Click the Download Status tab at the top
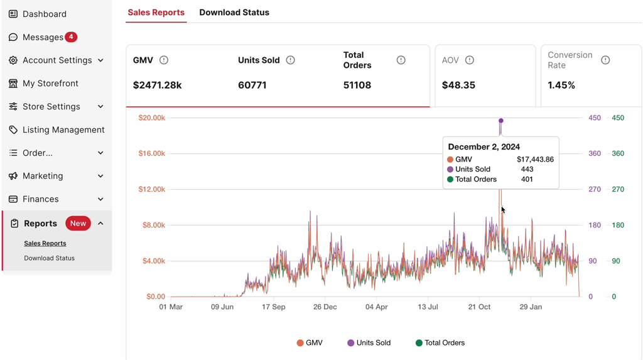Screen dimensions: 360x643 (x=234, y=13)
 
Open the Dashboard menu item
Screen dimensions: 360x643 (x=44, y=14)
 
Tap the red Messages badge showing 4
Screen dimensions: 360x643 (x=72, y=37)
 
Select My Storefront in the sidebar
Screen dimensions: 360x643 (x=50, y=84)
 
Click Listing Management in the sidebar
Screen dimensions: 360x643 (x=63, y=130)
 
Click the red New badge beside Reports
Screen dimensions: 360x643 (x=78, y=224)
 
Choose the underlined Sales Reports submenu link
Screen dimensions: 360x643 (x=45, y=243)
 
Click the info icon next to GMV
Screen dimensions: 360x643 (x=164, y=60)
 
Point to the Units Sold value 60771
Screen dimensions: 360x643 (x=252, y=85)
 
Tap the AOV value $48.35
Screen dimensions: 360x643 (x=458, y=85)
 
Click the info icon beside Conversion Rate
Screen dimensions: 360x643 (x=605, y=60)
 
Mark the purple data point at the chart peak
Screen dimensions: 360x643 (x=501, y=121)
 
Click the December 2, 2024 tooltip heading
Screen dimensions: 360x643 (x=484, y=147)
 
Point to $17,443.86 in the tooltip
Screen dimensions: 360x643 (x=535, y=160)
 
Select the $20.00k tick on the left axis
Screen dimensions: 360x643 (x=152, y=118)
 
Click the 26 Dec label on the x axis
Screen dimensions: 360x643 (x=325, y=307)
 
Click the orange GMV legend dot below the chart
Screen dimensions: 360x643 (x=300, y=343)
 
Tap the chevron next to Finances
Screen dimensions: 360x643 (x=100, y=199)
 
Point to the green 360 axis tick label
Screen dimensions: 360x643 (x=618, y=154)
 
